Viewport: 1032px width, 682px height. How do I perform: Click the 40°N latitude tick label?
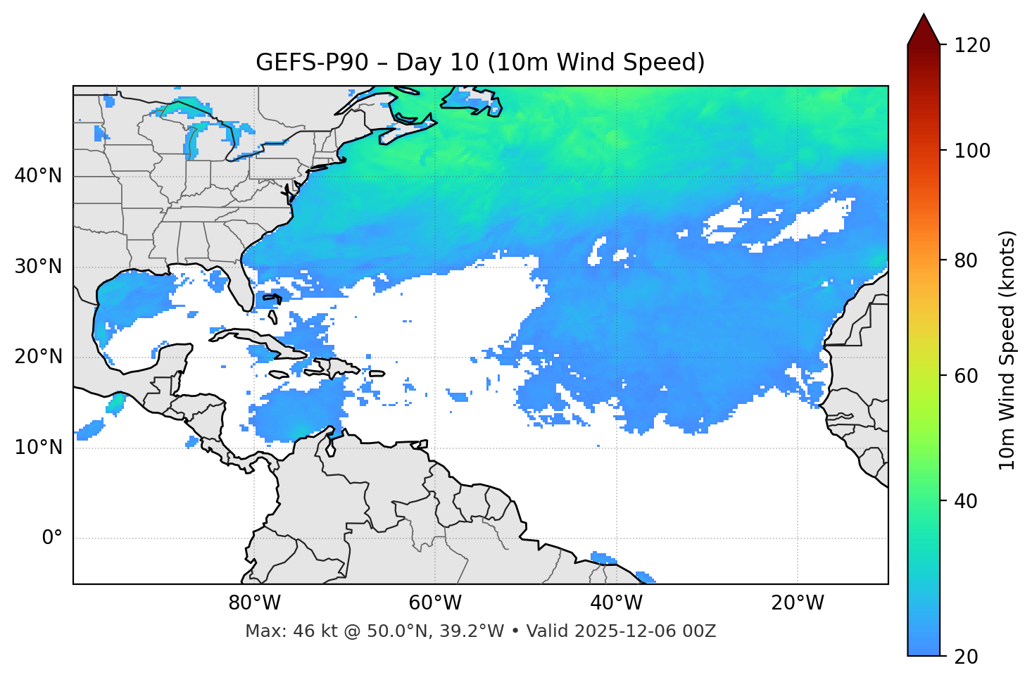coord(38,176)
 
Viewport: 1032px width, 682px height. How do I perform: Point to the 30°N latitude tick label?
coord(38,267)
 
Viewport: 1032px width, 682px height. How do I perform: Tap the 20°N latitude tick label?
coord(38,357)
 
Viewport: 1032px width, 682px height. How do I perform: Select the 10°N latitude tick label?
coord(38,448)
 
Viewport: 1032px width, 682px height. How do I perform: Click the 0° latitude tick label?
coord(52,538)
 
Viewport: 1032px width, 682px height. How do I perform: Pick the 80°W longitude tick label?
coord(254,603)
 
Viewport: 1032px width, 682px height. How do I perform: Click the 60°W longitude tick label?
coord(435,603)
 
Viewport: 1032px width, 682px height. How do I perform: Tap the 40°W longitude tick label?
coord(616,603)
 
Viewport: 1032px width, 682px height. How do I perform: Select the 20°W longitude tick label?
coord(798,603)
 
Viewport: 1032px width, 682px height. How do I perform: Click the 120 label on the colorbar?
coord(972,46)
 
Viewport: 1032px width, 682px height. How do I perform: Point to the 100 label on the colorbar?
coord(972,151)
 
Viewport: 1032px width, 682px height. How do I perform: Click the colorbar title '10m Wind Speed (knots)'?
coord(1007,350)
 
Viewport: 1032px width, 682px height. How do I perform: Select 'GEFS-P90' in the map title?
coord(312,63)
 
